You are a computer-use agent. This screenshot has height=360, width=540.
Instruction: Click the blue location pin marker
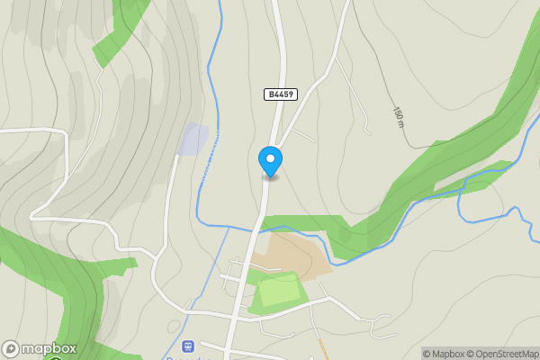click(x=270, y=161)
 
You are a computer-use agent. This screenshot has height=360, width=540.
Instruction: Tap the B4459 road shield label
click(x=281, y=94)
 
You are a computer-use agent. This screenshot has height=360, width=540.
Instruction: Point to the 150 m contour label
click(x=398, y=116)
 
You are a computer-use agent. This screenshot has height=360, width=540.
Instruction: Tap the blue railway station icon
click(x=188, y=346)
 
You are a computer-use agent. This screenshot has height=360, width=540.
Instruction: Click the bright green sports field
click(x=279, y=292)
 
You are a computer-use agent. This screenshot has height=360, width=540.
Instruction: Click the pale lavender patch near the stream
click(x=193, y=139)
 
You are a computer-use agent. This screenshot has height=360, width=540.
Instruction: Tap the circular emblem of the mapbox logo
click(x=11, y=348)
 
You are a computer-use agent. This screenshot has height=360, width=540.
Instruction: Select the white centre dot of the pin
click(x=270, y=157)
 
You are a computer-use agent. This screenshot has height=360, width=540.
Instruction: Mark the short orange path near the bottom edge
click(x=321, y=346)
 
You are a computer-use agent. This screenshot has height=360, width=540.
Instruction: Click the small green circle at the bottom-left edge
click(x=56, y=357)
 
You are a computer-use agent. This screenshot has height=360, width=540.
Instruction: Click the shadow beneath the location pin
click(x=270, y=177)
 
